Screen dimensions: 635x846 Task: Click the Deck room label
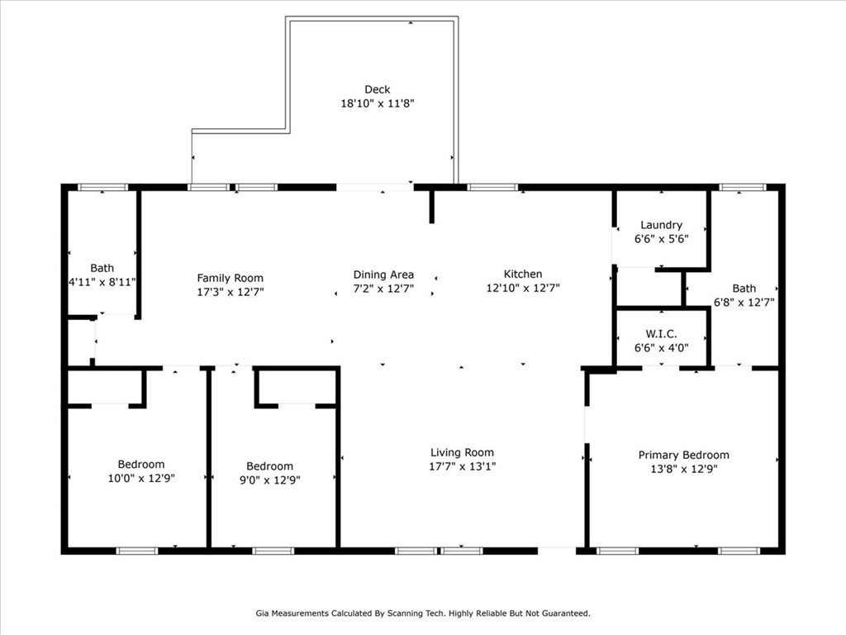[377, 89]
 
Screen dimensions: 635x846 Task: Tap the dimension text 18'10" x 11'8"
[377, 103]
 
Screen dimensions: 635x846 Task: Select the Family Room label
[230, 278]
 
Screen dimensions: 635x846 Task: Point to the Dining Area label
[383, 275]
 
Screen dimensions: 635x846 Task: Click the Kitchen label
[523, 274]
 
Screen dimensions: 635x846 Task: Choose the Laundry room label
[661, 225]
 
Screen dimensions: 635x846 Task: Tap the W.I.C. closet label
[661, 334]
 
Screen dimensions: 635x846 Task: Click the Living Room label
[462, 452]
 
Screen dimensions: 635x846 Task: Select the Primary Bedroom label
[683, 455]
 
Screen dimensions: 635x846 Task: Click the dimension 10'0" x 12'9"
[141, 478]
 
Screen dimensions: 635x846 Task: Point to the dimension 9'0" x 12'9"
[269, 480]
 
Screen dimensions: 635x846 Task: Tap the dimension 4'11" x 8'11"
[102, 282]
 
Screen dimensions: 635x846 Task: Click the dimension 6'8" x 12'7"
[744, 303]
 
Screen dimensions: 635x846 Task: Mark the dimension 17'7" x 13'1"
[462, 466]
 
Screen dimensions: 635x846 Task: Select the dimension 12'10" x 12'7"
[523, 289]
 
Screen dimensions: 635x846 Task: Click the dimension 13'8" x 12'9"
[683, 469]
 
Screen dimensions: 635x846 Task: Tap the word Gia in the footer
[264, 614]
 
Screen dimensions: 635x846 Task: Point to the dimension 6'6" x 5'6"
[661, 238]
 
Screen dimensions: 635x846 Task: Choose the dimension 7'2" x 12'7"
[383, 289]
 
